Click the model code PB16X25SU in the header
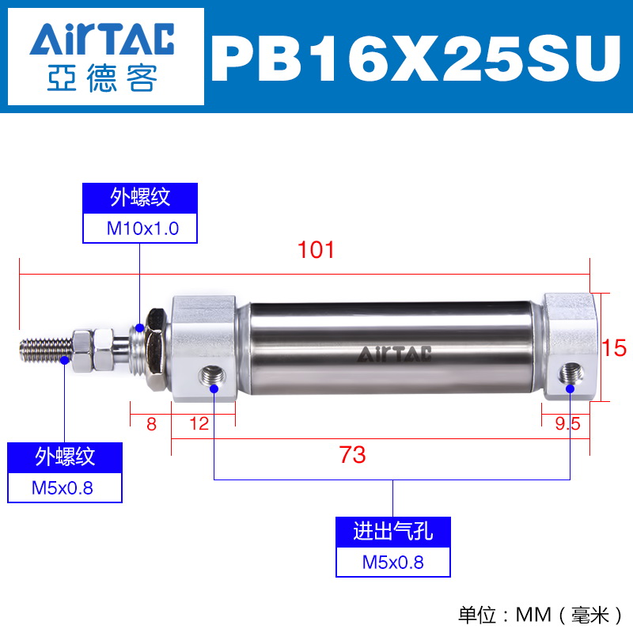coord(416,59)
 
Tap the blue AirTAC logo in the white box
coord(102,39)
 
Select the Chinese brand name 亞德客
coord(102,78)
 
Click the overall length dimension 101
coord(316,250)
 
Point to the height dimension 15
coord(614,348)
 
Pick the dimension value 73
coord(352,454)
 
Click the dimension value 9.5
coord(567,424)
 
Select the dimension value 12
coord(199,424)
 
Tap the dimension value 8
coord(151,424)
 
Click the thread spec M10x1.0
coord(142,229)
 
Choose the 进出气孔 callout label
coord(392,531)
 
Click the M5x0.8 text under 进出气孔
coord(392,563)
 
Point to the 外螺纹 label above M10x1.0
coord(140,198)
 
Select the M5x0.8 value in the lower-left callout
coord(63,488)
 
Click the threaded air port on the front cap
coord(212,377)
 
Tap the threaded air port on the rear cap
coord(570,373)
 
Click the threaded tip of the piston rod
coord(46,351)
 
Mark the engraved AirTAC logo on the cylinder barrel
coord(394,354)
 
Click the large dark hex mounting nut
coord(156,349)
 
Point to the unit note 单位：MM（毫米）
coord(540,616)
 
